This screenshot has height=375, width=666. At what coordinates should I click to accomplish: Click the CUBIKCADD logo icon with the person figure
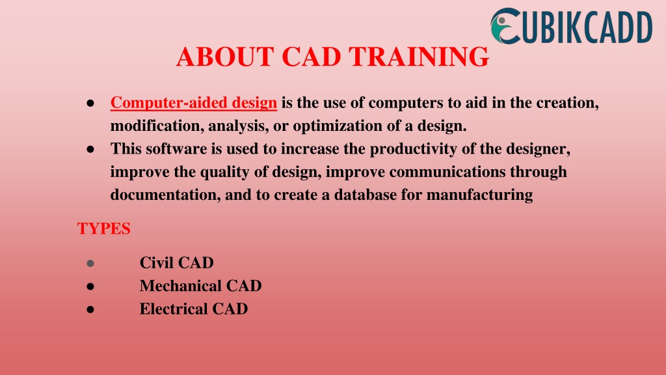505,26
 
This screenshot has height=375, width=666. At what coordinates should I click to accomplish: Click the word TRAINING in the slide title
419,57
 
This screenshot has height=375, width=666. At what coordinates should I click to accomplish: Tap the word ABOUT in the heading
224,57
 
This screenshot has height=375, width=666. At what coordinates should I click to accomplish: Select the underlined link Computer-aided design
194,103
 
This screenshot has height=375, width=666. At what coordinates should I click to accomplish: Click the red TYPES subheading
103,229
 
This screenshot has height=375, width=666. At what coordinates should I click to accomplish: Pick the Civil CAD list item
177,263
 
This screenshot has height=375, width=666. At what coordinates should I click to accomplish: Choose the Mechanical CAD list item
200,286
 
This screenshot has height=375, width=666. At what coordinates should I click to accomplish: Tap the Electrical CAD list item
194,309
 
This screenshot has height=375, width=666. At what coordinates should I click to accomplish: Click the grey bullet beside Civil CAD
90,264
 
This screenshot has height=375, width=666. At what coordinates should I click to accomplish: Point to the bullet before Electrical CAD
90,310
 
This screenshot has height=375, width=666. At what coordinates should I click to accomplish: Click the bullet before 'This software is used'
90,150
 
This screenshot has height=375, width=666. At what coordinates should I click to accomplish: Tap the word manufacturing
479,195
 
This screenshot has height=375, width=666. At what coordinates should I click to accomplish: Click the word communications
447,172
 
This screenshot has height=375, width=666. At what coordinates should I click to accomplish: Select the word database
366,195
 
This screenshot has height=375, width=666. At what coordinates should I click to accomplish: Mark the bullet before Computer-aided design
90,104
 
